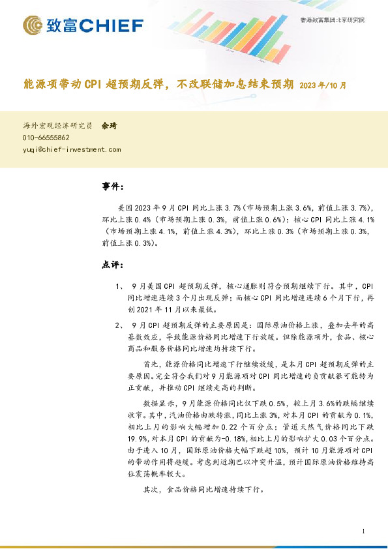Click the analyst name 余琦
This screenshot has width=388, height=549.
109,126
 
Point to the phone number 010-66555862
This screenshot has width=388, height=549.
46,138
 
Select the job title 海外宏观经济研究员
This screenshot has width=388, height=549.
57,126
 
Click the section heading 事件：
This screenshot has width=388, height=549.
113,187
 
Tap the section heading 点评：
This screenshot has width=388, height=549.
113,266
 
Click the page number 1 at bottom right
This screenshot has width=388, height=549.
364,533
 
